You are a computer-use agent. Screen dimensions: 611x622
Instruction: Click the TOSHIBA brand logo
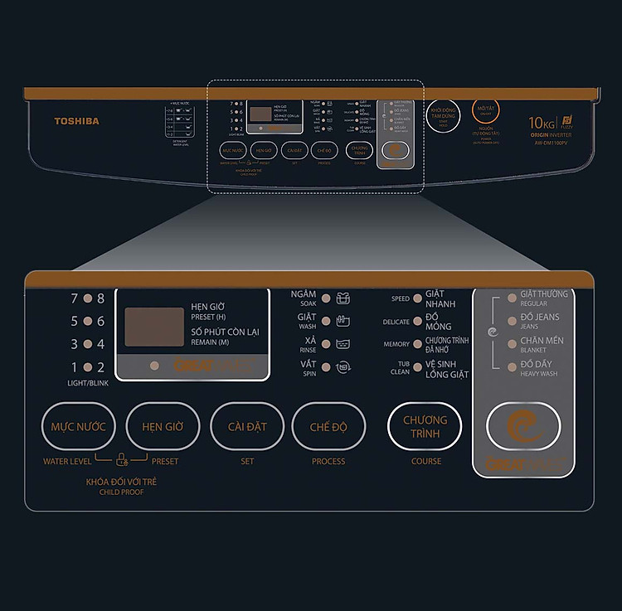[76, 121]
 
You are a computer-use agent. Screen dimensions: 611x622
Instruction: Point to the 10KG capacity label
[542, 124]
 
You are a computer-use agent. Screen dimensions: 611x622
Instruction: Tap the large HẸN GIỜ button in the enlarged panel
[163, 427]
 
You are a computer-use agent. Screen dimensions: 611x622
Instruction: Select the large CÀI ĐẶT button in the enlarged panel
[246, 427]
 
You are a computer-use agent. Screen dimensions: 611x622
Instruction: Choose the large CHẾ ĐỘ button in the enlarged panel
[328, 427]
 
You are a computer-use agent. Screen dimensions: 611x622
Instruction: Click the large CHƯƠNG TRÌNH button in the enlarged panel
[425, 426]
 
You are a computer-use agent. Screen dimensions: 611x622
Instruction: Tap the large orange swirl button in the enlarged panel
[522, 426]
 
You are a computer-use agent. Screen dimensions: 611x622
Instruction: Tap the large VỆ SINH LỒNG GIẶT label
[447, 369]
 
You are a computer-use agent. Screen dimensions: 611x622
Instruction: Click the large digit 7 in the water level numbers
[74, 298]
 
